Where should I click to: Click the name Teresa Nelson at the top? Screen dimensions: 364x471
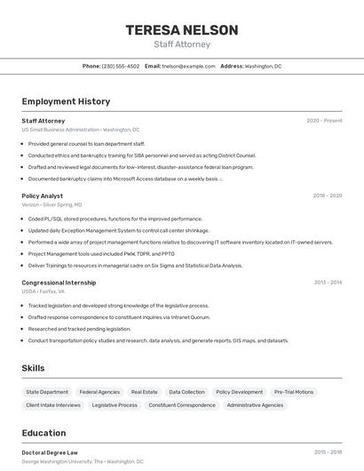click(182, 30)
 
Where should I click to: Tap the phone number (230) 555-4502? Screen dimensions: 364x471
click(121, 66)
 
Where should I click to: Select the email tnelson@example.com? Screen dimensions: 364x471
click(188, 66)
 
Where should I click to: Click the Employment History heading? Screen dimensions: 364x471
click(66, 101)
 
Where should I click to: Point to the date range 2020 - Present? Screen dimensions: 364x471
click(324, 121)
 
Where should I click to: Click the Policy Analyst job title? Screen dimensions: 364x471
click(42, 196)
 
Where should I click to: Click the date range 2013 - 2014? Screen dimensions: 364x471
click(328, 282)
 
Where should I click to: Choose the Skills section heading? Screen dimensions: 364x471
click(33, 368)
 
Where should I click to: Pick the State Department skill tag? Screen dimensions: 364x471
click(47, 392)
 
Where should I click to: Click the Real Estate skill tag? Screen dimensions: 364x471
click(144, 392)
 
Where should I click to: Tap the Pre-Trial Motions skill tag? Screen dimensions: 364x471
click(294, 392)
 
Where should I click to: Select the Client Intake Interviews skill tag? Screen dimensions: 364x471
click(53, 405)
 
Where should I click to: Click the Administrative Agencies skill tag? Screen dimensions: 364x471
click(256, 405)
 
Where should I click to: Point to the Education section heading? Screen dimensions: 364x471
click(44, 433)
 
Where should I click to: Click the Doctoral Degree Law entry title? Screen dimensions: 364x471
click(50, 452)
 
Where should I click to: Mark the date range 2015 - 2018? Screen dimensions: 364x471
click(328, 452)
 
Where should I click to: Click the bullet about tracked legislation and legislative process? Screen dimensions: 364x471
click(118, 306)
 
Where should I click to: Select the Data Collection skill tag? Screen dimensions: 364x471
click(186, 392)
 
